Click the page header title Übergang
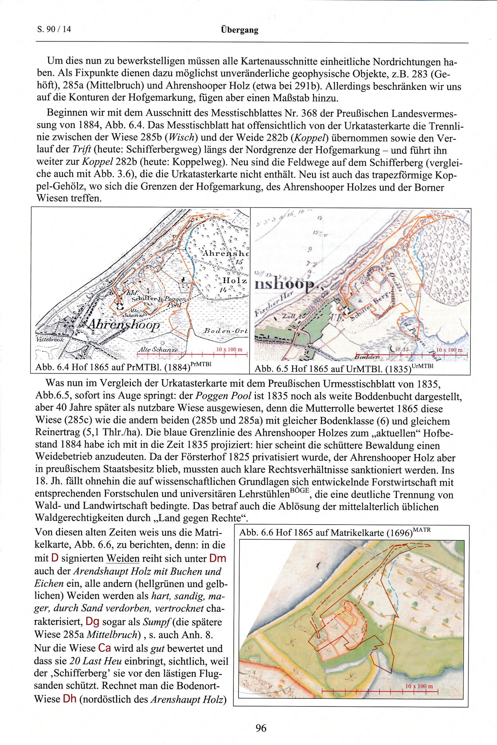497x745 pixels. click(239, 30)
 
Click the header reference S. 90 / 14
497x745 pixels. click(54, 29)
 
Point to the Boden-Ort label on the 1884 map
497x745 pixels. click(226, 331)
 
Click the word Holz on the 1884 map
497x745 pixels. click(235, 280)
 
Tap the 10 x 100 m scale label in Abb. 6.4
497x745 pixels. click(229, 349)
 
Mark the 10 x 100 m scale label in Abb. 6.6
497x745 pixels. click(419, 686)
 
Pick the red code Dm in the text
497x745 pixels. click(218, 558)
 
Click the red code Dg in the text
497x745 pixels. click(92, 621)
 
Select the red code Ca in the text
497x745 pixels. click(104, 648)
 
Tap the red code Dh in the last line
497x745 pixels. click(70, 699)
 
